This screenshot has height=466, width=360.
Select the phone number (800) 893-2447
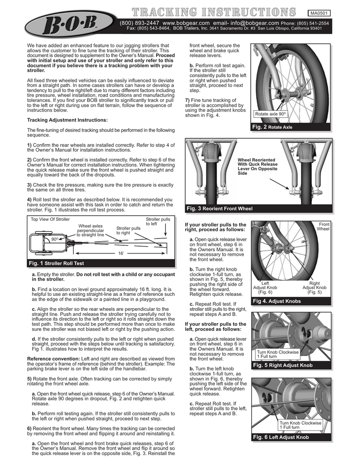tap(139, 22)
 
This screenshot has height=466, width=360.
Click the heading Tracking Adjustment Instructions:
tap(67, 120)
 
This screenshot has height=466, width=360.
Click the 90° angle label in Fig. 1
tap(54, 238)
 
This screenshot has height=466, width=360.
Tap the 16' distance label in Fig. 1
tap(121, 253)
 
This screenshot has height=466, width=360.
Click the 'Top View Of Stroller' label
tap(50, 219)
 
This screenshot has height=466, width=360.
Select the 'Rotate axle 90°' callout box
tap(270, 114)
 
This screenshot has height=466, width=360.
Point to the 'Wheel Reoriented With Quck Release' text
tap(258, 167)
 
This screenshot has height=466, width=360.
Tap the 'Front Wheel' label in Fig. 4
tap(323, 227)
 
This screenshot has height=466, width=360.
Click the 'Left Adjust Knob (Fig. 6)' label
tap(265, 288)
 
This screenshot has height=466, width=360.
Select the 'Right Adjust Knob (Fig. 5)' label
tap(314, 288)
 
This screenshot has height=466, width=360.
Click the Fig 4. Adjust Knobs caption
tap(277, 301)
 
